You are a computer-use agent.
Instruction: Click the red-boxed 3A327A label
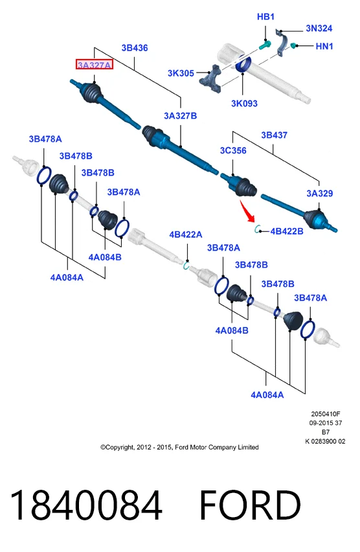click(95, 65)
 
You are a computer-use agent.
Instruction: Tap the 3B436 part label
click(135, 48)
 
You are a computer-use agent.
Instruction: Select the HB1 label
click(265, 17)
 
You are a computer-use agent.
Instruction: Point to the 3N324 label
click(319, 28)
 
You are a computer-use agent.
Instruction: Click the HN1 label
click(324, 46)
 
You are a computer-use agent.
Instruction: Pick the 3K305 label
click(181, 73)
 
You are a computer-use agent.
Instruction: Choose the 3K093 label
click(244, 104)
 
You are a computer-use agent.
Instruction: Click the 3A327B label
click(180, 116)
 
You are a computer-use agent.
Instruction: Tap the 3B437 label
click(274, 135)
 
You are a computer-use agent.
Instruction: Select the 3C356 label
click(233, 151)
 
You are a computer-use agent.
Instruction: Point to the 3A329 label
click(319, 193)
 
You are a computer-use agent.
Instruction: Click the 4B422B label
click(287, 231)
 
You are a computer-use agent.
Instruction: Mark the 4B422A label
click(186, 235)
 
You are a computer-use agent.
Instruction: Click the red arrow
click(247, 211)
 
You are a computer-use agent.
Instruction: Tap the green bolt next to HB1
click(265, 45)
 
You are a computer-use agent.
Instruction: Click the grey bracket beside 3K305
click(211, 78)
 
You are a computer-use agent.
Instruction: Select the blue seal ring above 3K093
click(243, 64)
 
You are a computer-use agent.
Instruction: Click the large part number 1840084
click(86, 505)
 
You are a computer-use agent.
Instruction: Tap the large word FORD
click(250, 505)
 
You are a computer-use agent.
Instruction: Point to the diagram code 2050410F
click(326, 414)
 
